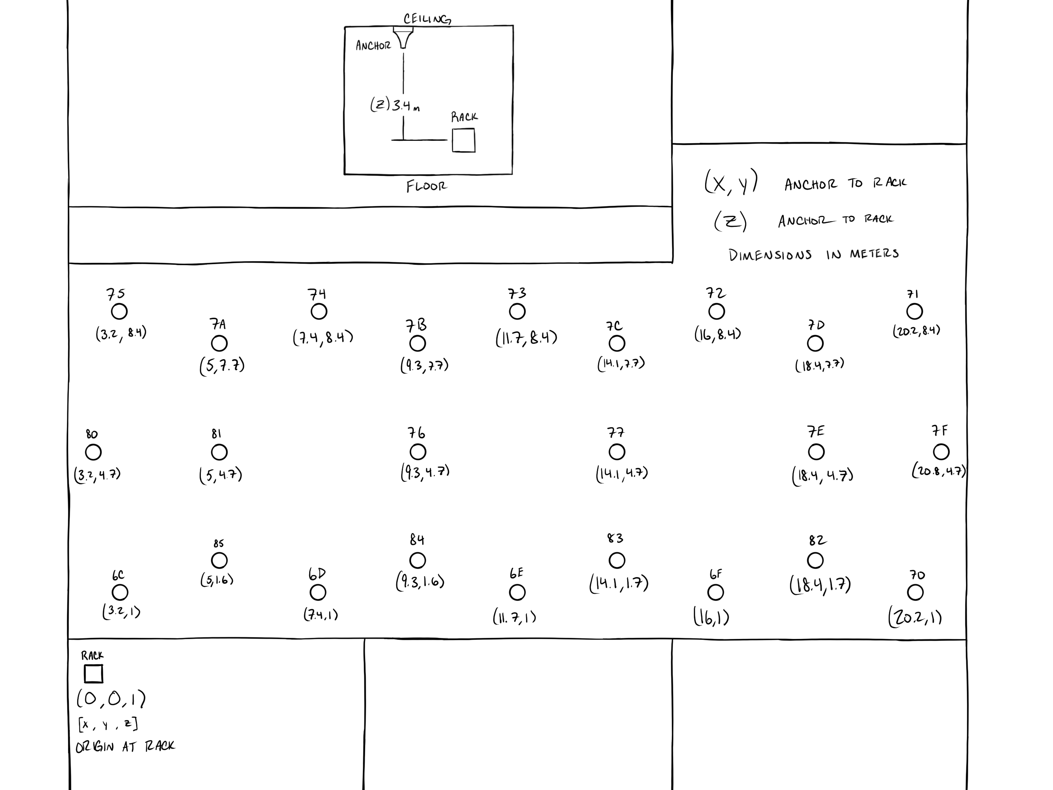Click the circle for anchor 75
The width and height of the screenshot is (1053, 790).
click(x=119, y=311)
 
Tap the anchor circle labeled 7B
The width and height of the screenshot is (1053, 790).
click(x=417, y=343)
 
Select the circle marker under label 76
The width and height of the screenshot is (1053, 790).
click(x=417, y=452)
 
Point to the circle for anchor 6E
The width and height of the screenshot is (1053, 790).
click(x=517, y=592)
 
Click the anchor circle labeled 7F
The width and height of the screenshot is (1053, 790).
click(x=941, y=452)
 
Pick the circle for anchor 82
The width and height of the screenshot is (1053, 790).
click(x=815, y=560)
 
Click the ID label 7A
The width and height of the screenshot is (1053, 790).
click(x=218, y=325)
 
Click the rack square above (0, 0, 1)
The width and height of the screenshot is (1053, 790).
click(x=93, y=674)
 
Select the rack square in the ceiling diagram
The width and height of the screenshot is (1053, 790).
click(x=463, y=140)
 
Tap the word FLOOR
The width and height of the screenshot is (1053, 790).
click(x=426, y=186)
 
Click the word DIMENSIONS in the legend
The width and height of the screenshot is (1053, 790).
click(x=770, y=255)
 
